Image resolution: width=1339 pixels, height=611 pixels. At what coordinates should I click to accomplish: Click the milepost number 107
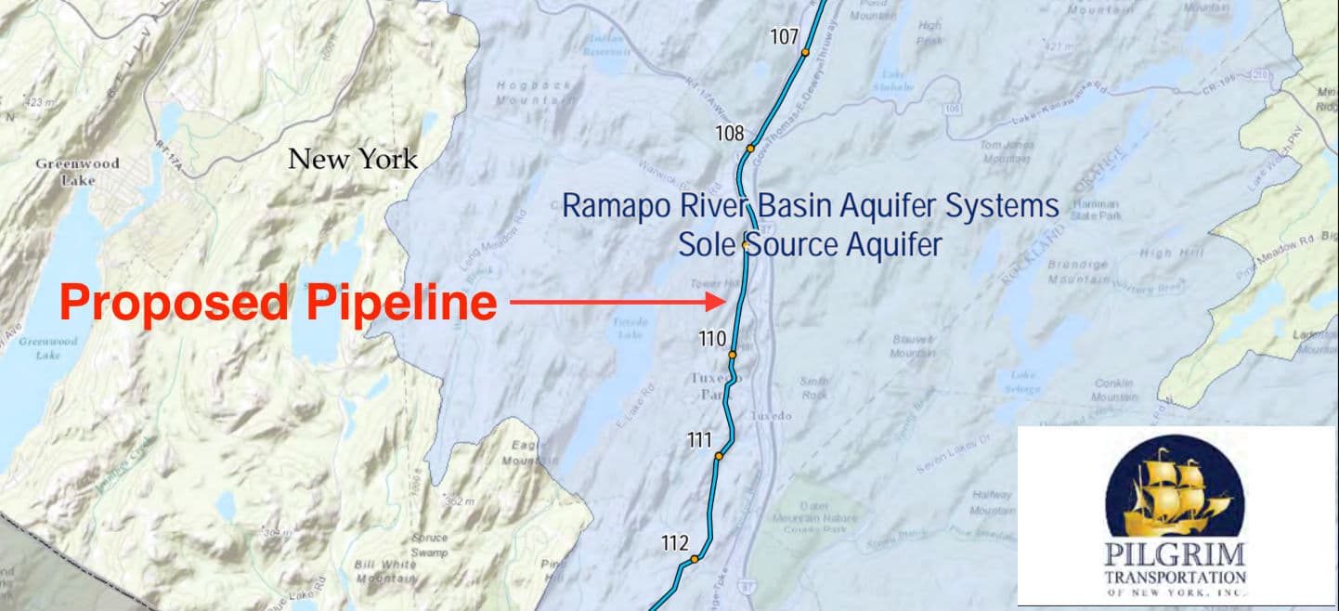point(785,37)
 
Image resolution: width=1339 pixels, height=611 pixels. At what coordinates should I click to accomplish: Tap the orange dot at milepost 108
point(750,149)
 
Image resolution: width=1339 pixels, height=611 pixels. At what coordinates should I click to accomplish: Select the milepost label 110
point(712,340)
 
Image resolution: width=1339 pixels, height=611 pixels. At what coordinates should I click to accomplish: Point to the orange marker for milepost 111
point(719,456)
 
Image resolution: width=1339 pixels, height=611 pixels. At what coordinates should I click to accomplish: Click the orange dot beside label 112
point(693,559)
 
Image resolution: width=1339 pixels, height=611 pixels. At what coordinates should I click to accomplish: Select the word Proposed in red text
point(173,303)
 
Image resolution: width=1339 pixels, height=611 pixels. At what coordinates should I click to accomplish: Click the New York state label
point(353,159)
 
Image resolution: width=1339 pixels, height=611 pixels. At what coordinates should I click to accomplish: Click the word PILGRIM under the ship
point(1175,556)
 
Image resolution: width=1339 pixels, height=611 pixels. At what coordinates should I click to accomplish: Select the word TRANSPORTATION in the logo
point(1175,577)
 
